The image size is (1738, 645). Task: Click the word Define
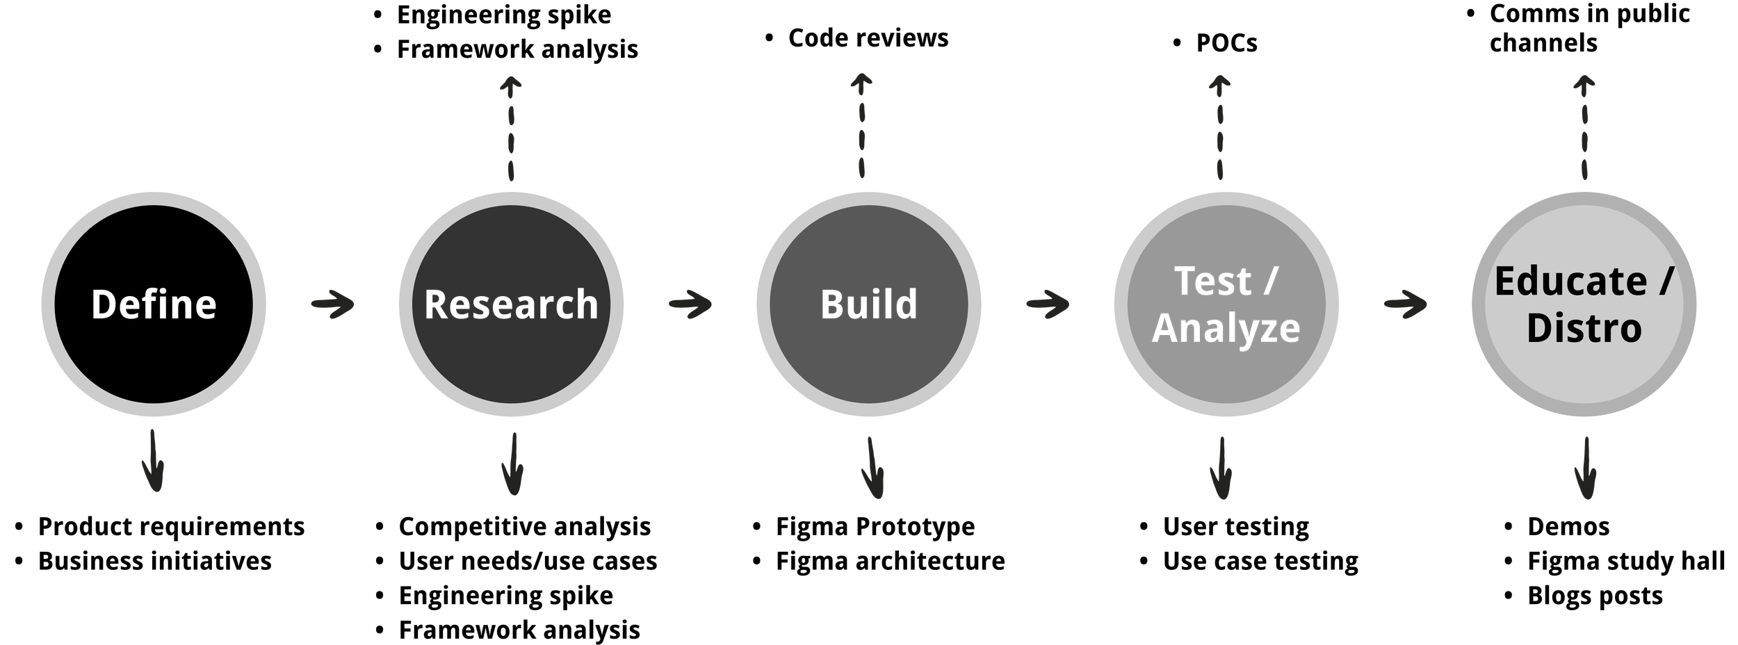(x=154, y=304)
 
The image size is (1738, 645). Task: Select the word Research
(x=511, y=304)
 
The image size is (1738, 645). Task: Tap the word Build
(x=868, y=304)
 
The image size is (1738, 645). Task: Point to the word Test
(x=1212, y=281)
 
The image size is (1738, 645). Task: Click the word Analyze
(x=1226, y=328)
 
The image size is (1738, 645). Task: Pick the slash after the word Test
(x=1272, y=281)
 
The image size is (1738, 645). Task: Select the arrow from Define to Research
(x=333, y=304)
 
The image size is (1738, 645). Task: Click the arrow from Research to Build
(x=690, y=304)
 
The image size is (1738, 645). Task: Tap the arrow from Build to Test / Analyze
(x=1048, y=304)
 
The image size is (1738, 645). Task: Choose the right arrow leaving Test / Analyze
(x=1405, y=304)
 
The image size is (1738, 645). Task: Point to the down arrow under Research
(x=513, y=464)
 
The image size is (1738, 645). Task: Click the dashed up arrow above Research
(x=512, y=128)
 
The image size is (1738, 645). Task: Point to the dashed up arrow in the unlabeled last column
(x=1584, y=128)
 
